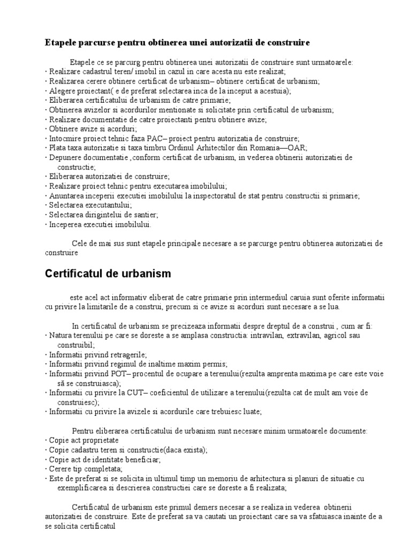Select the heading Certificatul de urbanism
tap(107, 273)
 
